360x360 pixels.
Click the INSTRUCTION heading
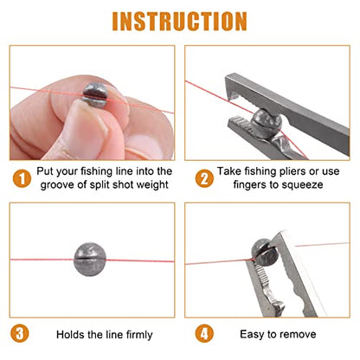179,21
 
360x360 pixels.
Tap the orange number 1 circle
22,178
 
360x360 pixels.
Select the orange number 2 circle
204,178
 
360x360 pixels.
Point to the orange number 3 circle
20,334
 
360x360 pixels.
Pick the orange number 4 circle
204,334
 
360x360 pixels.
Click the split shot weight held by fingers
95,95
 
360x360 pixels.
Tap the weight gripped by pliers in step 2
266,124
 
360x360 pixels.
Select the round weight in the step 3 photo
90,259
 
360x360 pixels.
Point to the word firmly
139,335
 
